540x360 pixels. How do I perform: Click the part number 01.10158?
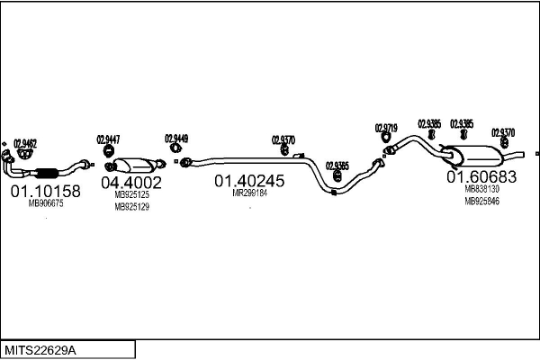[45, 191]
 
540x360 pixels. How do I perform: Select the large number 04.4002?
[131, 183]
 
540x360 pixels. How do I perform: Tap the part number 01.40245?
[249, 180]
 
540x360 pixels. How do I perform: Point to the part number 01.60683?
[481, 177]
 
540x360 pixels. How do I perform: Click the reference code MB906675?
[45, 204]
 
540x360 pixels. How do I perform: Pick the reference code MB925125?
[131, 195]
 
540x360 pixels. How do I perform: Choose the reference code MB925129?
[131, 207]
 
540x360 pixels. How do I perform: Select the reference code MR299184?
[249, 193]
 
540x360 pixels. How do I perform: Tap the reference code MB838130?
[481, 190]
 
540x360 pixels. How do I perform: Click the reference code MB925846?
[481, 202]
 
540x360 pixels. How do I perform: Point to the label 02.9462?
[25, 142]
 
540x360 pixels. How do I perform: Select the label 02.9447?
[109, 139]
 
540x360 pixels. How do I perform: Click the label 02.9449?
[176, 138]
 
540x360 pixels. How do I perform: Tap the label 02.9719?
[386, 129]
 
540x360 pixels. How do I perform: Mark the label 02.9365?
[337, 166]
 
